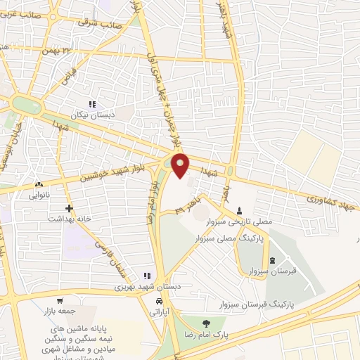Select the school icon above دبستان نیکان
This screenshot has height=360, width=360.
point(91,103)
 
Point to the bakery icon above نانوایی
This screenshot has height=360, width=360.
point(38,185)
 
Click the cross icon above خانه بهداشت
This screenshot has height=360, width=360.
point(69,208)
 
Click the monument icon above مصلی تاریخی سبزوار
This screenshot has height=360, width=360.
point(240,211)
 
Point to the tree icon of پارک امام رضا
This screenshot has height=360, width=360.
point(205,323)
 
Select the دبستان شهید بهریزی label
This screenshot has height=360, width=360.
point(134,286)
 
